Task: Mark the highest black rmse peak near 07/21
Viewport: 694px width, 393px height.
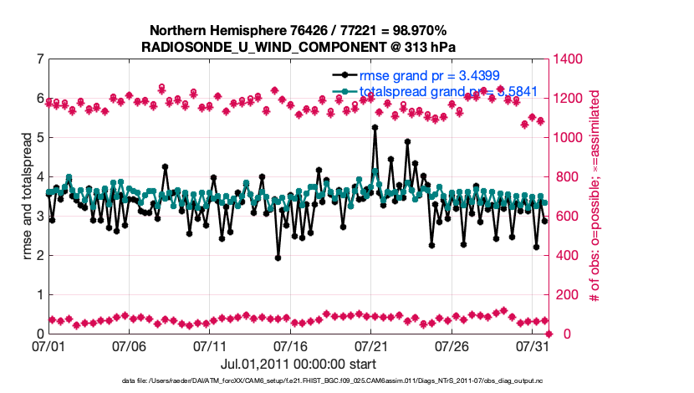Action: pyautogui.click(x=375, y=127)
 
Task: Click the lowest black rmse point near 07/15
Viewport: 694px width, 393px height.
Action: pyautogui.click(x=278, y=258)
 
